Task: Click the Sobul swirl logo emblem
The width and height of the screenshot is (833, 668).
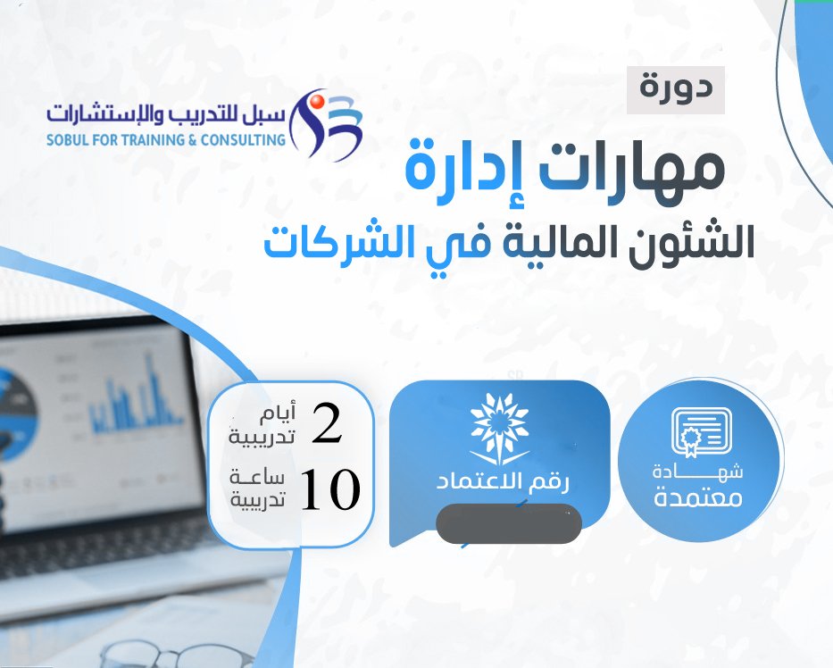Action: (x=326, y=124)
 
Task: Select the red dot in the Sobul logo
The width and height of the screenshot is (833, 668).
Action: (x=317, y=101)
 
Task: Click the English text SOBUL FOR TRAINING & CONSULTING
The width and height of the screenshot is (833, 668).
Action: (x=166, y=140)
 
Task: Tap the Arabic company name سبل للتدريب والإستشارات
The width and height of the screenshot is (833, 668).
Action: (x=166, y=113)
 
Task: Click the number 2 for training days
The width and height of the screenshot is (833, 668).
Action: (x=327, y=423)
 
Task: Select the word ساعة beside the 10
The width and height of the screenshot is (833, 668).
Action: (x=258, y=478)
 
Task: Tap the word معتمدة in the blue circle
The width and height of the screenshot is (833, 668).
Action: (x=698, y=498)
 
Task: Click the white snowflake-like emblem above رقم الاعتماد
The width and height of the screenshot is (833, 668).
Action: (x=500, y=429)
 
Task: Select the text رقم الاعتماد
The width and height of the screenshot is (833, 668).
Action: (x=503, y=482)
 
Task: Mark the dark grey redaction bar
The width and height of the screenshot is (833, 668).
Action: (x=508, y=524)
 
